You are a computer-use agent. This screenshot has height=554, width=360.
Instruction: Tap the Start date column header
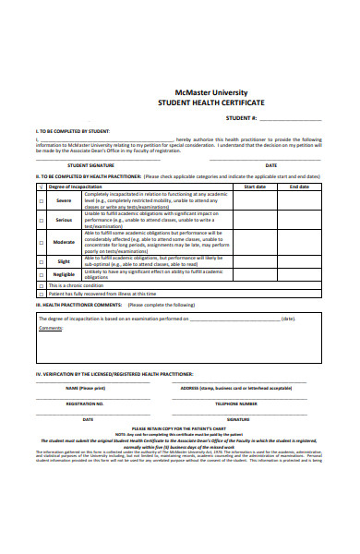coord(254,186)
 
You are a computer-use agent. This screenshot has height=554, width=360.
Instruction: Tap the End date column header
coord(299,186)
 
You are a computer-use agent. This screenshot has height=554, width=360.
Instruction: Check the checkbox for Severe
coord(41,200)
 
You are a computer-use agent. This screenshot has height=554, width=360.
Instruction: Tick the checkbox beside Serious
coord(41,220)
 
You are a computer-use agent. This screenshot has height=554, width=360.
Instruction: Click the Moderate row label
coord(64,242)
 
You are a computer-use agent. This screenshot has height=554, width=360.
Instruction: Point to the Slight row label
coord(64,261)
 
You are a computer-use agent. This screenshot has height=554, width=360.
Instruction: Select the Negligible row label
coord(64,274)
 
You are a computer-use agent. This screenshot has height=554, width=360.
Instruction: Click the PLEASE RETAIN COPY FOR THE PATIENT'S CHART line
coord(180,428)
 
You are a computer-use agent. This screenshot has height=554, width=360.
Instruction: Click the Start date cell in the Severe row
coord(254,200)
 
